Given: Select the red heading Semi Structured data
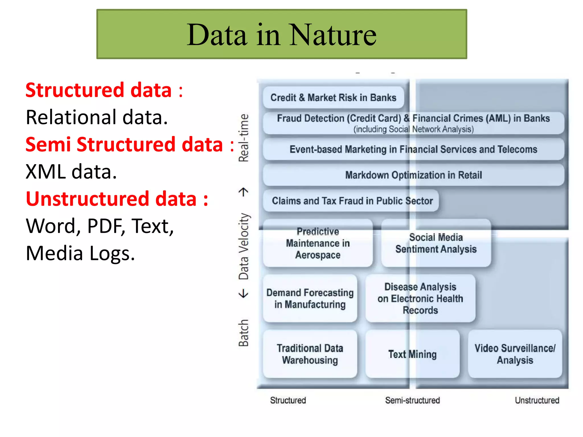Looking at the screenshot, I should point(124,145).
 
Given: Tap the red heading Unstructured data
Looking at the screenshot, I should point(111,199).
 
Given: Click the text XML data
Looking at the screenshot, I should point(71,172).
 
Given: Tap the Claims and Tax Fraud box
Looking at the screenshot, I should point(352,201).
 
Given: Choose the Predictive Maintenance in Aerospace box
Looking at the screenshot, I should point(318,244).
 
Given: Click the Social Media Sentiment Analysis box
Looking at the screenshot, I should point(436,244).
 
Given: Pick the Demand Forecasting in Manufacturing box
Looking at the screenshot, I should point(310,299).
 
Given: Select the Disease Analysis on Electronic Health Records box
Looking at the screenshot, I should point(420,299).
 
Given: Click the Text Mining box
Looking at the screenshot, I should point(412,354).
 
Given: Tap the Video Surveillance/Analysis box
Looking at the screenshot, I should point(515,354).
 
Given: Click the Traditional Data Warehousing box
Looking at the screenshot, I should point(310,354).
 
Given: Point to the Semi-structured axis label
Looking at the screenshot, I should point(412,401).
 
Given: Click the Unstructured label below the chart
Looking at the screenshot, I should point(537,401).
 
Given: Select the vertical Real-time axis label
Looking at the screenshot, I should point(244,138).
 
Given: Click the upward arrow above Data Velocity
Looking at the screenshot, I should point(243,192).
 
